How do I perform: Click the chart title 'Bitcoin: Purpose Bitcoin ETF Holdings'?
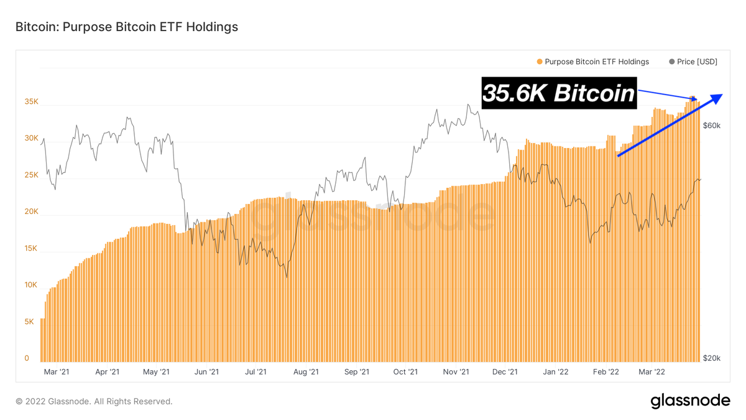point(126,27)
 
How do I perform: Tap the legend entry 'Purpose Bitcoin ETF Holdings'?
point(596,62)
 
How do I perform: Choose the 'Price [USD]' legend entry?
point(697,62)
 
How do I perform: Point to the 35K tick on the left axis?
point(31,101)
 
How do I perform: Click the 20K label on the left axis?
point(31,212)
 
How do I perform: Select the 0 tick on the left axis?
point(27,358)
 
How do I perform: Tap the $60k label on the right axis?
point(711,126)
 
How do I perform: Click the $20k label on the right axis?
point(711,358)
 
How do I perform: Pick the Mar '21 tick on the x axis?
point(57,372)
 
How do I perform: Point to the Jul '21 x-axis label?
point(256,372)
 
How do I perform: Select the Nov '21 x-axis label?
point(456,372)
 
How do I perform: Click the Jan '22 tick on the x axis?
point(555,372)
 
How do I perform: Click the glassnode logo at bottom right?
point(690,401)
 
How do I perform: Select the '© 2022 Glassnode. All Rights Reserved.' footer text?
point(94,401)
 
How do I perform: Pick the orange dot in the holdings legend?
point(538,62)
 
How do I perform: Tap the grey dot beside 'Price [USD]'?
point(671,62)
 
